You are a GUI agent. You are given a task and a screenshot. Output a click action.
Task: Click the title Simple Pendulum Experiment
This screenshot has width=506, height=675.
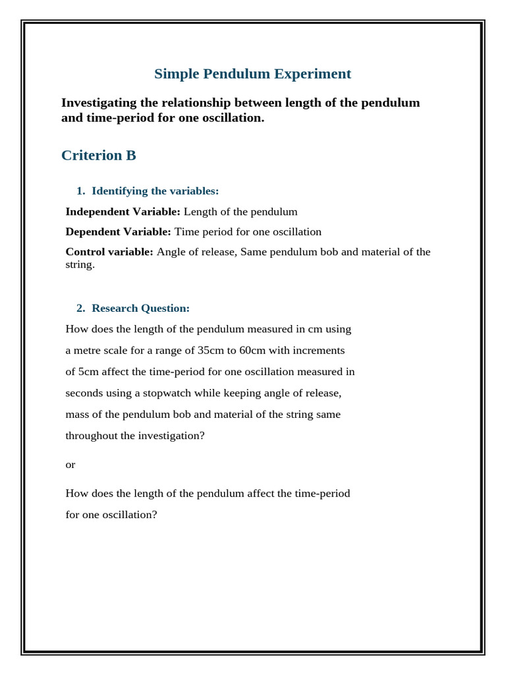click(x=252, y=74)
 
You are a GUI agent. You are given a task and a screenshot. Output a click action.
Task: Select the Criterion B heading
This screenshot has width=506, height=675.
click(x=99, y=156)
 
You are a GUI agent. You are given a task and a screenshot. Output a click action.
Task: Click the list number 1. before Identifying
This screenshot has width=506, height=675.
click(x=81, y=191)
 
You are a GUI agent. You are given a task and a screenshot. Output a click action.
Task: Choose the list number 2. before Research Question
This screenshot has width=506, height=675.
click(x=81, y=308)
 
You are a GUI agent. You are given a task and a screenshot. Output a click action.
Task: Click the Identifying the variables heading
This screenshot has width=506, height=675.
click(x=155, y=191)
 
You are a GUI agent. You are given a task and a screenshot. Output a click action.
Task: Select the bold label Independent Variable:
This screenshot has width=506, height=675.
click(x=123, y=212)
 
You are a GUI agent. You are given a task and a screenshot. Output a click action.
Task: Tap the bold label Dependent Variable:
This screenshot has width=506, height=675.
click(x=118, y=231)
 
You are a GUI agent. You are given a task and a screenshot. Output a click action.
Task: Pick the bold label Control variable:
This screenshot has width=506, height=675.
click(x=109, y=252)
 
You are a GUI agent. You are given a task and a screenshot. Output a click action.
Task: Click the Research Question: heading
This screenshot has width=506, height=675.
click(x=140, y=308)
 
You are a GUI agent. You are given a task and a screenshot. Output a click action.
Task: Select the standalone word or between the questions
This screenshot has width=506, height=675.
click(x=70, y=465)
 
